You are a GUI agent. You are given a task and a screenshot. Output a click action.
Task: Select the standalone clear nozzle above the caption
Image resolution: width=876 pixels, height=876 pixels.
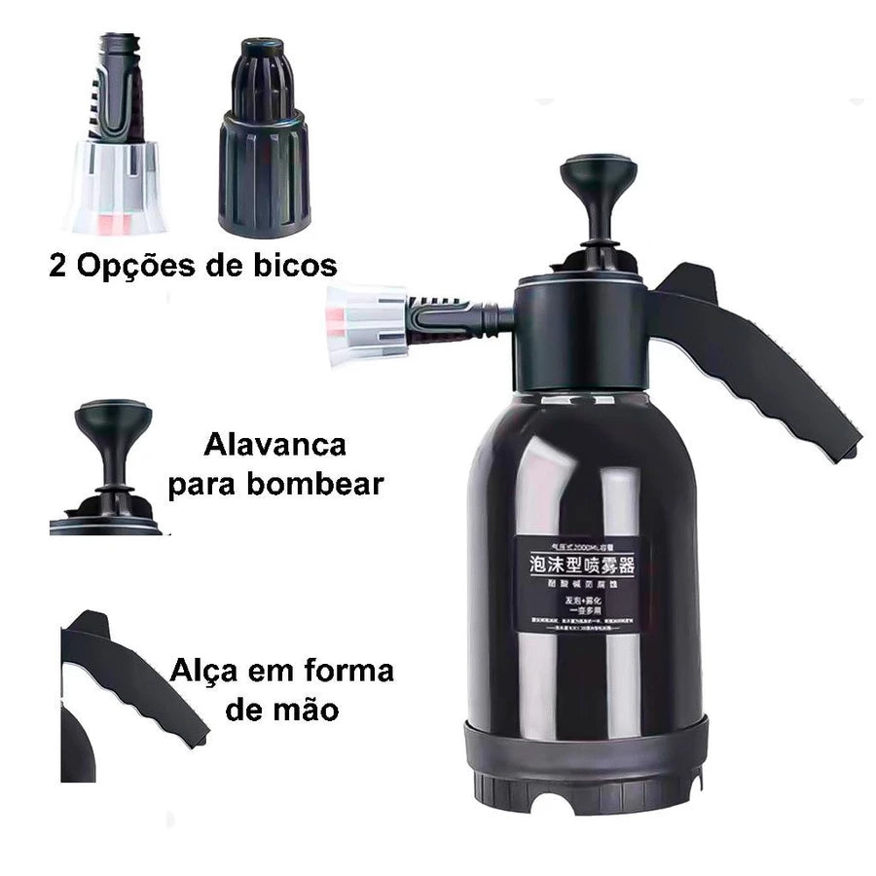[117, 136]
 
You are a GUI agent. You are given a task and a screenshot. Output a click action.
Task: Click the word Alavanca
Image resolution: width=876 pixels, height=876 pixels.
[274, 445]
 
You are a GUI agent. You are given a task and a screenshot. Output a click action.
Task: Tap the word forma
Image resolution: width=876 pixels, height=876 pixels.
[345, 671]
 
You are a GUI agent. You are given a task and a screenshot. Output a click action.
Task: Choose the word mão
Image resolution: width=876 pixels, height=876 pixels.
[309, 710]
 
